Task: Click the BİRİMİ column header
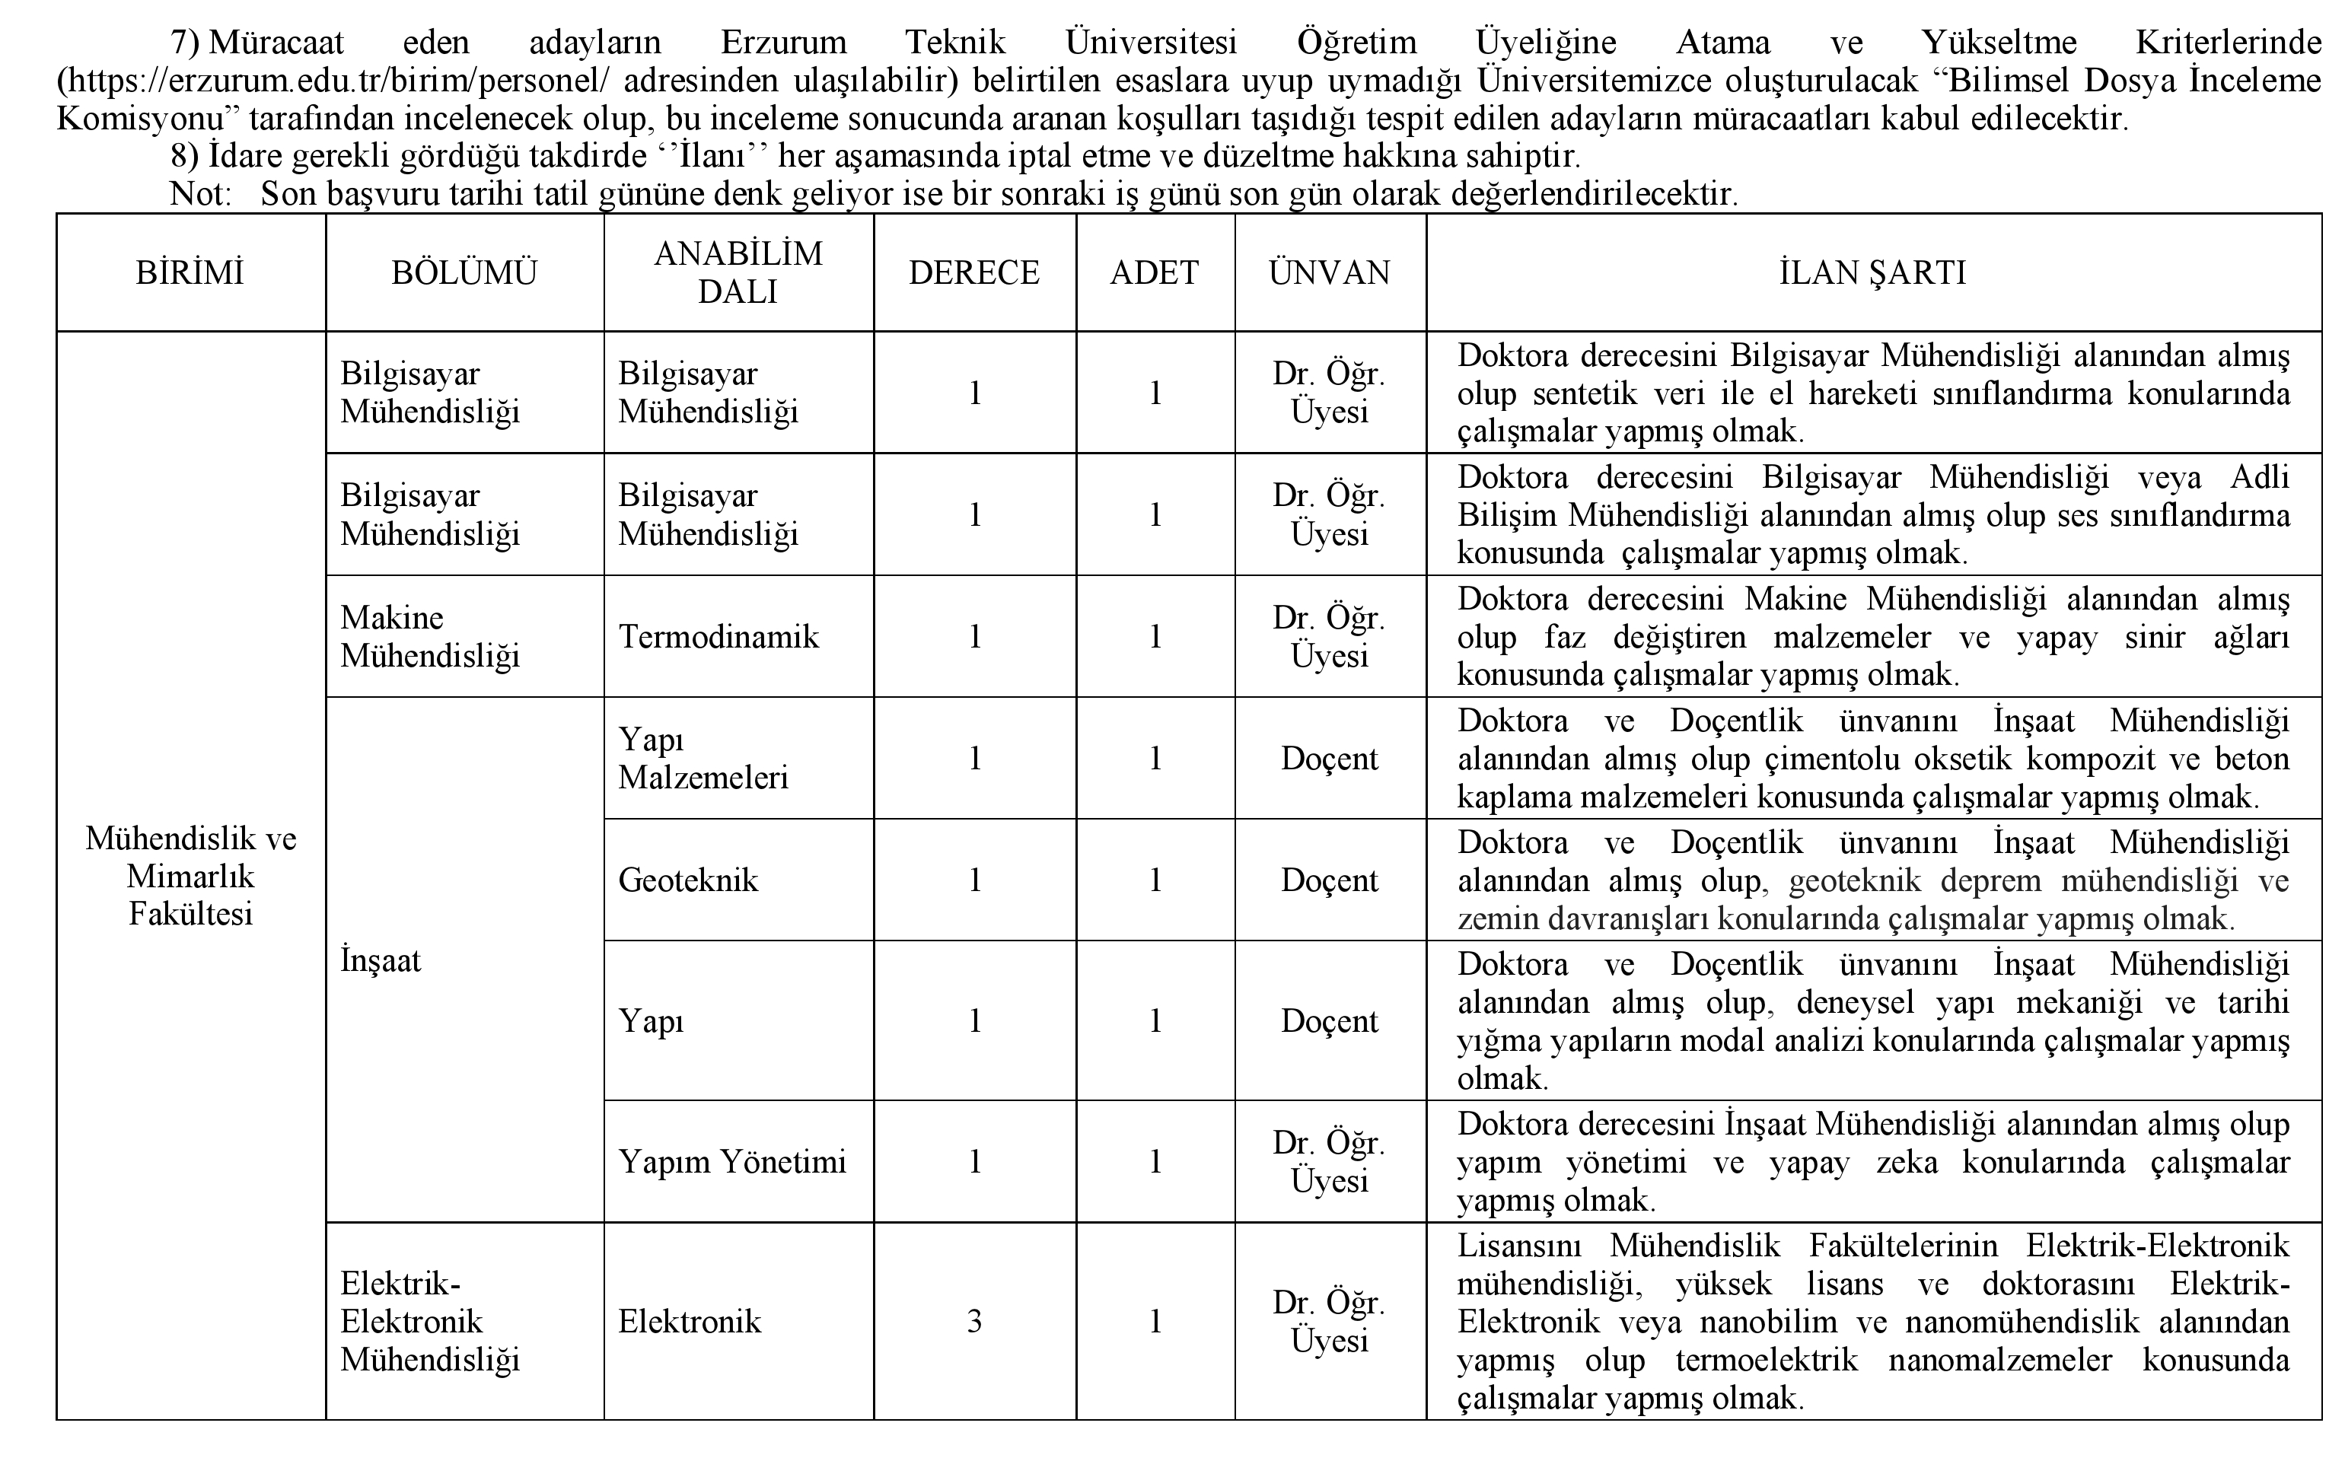click(190, 273)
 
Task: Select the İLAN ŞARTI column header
click(1872, 273)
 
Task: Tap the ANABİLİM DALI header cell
click(738, 272)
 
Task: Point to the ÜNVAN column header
click(1330, 273)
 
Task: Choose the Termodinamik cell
click(718, 637)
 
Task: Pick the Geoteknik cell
click(688, 880)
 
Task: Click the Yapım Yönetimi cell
click(732, 1161)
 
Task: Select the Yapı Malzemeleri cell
click(703, 759)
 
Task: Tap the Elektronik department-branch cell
click(690, 1322)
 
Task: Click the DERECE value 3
click(974, 1322)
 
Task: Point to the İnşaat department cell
click(381, 961)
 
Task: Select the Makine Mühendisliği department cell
click(430, 637)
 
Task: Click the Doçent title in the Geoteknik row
click(1330, 880)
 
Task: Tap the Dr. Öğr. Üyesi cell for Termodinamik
click(1330, 637)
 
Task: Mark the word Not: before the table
click(201, 194)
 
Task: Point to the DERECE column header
click(974, 273)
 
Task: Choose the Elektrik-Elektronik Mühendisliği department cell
click(430, 1322)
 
